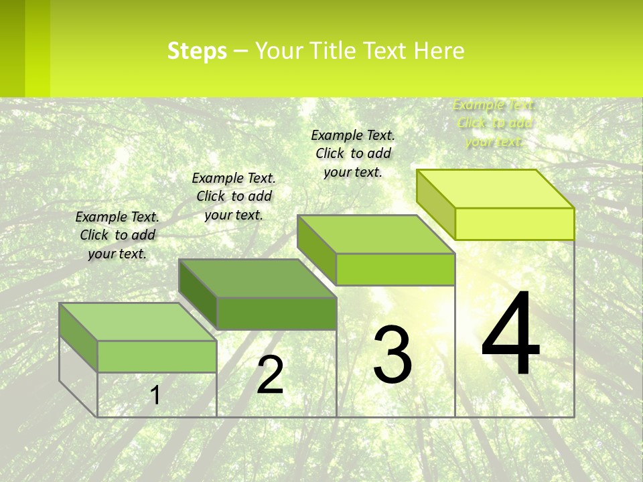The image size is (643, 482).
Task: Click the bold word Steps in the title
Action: pyautogui.click(x=197, y=51)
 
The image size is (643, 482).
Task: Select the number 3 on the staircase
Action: pyautogui.click(x=392, y=355)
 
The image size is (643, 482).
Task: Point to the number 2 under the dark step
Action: pyautogui.click(x=270, y=375)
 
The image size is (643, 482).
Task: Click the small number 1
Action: pyautogui.click(x=155, y=395)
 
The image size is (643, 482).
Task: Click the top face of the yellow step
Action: pyautogui.click(x=496, y=189)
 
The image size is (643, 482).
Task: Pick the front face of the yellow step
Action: pyautogui.click(x=514, y=224)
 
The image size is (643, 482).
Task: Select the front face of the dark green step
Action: pyautogui.click(x=277, y=313)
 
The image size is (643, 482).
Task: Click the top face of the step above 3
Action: pyautogui.click(x=376, y=234)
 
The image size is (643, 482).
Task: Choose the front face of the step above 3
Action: pyautogui.click(x=395, y=269)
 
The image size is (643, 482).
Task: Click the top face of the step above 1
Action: pyautogui.click(x=138, y=322)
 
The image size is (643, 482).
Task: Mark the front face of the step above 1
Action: pyautogui.click(x=157, y=356)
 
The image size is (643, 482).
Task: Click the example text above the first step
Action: pyautogui.click(x=117, y=235)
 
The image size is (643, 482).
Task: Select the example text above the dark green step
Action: pyautogui.click(x=234, y=196)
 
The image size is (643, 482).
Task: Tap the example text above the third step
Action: pyautogui.click(x=353, y=153)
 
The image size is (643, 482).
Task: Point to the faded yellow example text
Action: pyautogui.click(x=494, y=123)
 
